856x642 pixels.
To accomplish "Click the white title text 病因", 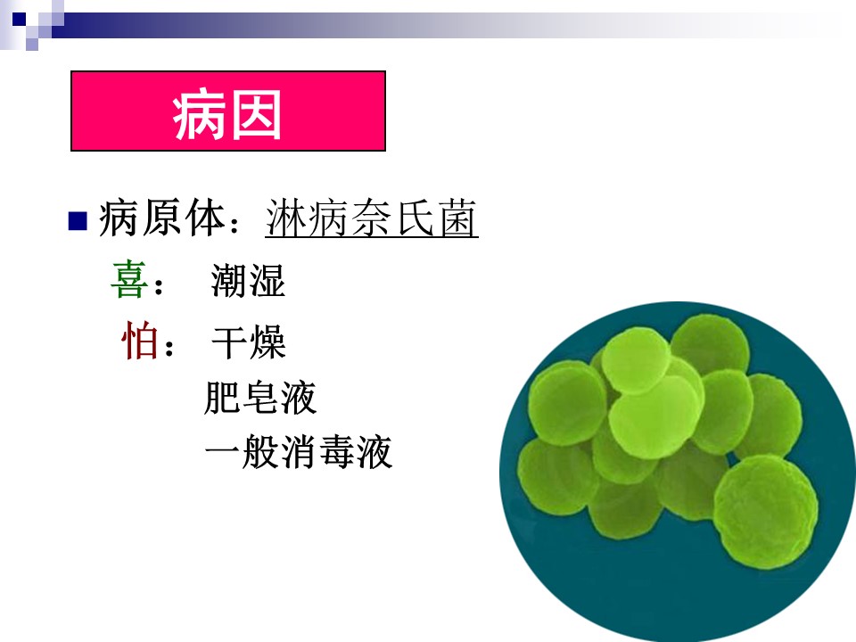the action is (227, 115).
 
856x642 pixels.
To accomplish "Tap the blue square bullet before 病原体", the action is (78, 221).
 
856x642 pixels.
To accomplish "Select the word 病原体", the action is (162, 218).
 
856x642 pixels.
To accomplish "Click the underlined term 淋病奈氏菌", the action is (371, 218).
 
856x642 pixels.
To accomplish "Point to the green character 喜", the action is (128, 279).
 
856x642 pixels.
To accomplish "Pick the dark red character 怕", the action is (140, 340).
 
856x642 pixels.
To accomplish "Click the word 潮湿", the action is (248, 281).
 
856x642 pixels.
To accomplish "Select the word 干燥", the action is (249, 342).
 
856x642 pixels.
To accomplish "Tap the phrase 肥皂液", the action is (260, 398).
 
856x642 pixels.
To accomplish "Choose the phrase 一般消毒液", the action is (299, 452).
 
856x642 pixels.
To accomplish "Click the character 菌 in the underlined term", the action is (458, 218).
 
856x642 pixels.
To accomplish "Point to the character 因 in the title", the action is (256, 115).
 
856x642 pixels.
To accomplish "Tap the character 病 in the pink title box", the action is (199, 115).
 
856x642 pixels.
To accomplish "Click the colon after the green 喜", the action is (159, 286).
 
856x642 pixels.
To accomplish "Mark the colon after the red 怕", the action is (169, 347).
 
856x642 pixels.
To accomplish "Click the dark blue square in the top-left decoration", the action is (19, 20).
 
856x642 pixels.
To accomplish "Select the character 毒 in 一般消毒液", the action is (336, 452).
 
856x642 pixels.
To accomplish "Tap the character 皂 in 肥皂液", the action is (260, 398).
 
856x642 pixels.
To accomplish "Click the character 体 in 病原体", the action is (206, 218).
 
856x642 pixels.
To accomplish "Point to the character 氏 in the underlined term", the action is (416, 218).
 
